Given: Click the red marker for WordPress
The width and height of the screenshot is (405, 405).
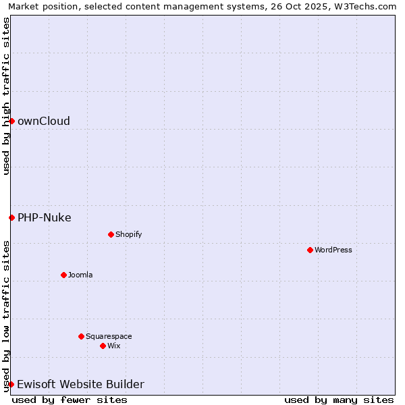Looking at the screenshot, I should click(x=310, y=250).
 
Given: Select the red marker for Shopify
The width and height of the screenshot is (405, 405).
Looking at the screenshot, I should click(x=111, y=234).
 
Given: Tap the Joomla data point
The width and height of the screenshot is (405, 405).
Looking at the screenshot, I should click(x=63, y=275).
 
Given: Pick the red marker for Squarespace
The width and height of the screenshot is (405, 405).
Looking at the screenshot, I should click(x=81, y=336).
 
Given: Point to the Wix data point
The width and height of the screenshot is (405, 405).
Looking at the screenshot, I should click(x=103, y=346).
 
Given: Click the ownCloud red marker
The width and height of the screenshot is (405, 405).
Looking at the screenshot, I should click(x=11, y=121).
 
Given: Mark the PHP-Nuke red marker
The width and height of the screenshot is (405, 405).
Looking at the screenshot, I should click(x=11, y=217).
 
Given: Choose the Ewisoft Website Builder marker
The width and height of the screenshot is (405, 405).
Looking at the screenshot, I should click(x=11, y=384).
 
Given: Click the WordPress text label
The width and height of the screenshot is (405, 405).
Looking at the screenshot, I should click(x=333, y=250).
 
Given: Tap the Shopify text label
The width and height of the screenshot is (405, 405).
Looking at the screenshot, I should click(x=129, y=235).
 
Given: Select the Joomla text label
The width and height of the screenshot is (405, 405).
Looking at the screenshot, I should click(x=80, y=275).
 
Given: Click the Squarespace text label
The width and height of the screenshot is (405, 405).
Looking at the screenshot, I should click(x=109, y=337).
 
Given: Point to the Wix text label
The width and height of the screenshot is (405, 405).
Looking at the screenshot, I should click(x=114, y=346).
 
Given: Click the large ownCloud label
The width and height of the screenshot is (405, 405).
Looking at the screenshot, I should click(x=44, y=122).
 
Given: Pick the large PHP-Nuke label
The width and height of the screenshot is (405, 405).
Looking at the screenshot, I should click(x=45, y=218).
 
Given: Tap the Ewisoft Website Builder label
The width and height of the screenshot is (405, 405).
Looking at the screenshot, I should click(x=80, y=385).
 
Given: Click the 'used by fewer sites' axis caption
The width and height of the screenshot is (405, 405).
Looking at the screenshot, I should click(x=70, y=400).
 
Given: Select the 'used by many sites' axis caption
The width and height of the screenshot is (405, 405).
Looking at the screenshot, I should click(x=339, y=400).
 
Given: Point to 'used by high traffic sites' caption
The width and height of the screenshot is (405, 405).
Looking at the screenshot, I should click(x=7, y=96).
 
